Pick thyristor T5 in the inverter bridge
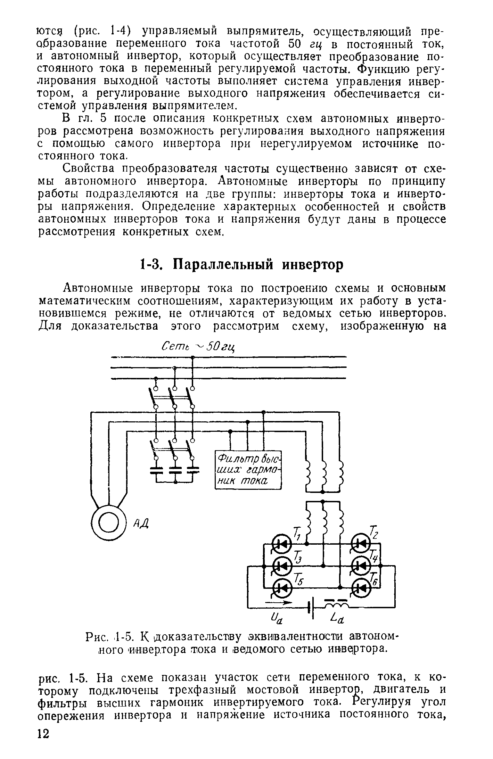[x=281, y=587]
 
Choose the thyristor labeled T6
[x=361, y=587]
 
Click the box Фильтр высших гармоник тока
[x=247, y=470]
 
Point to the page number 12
[x=44, y=743]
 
